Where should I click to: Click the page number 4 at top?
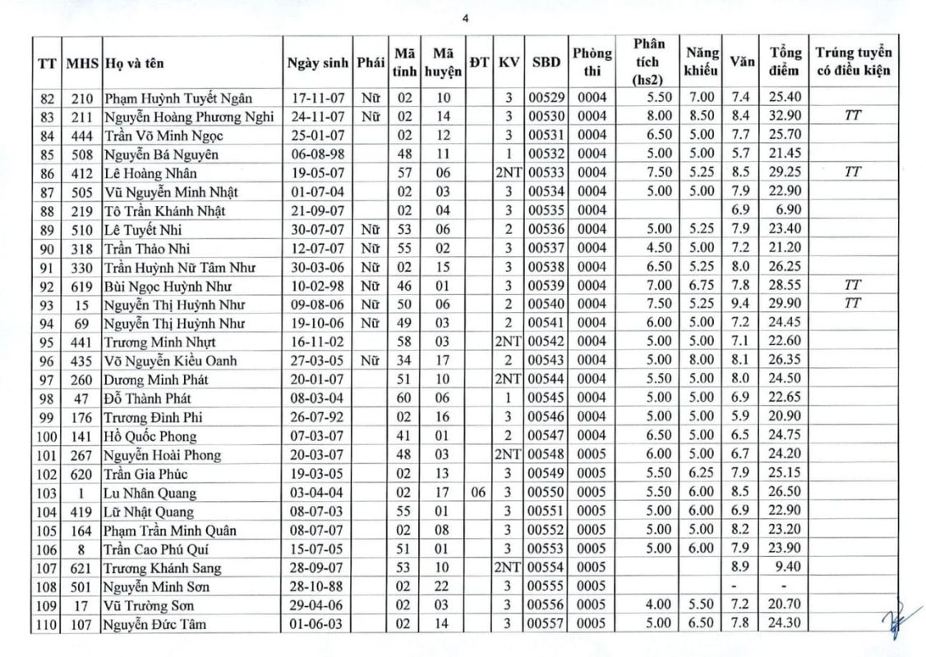(464, 21)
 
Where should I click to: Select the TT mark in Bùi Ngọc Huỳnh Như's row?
(852, 286)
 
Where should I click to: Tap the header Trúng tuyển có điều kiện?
(853, 62)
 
